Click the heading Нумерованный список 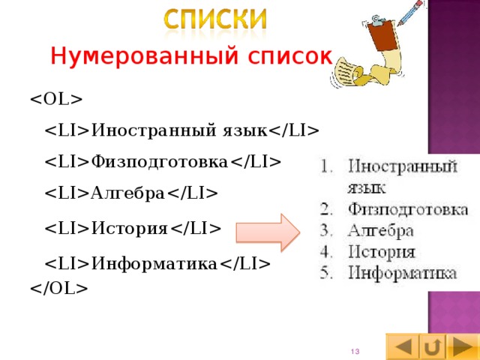pyautogui.click(x=190, y=55)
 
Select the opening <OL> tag pyautogui.click(x=57, y=99)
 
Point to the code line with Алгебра pyautogui.click(x=132, y=193)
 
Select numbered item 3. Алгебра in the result pyautogui.click(x=382, y=229)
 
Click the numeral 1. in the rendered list pyautogui.click(x=326, y=166)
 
